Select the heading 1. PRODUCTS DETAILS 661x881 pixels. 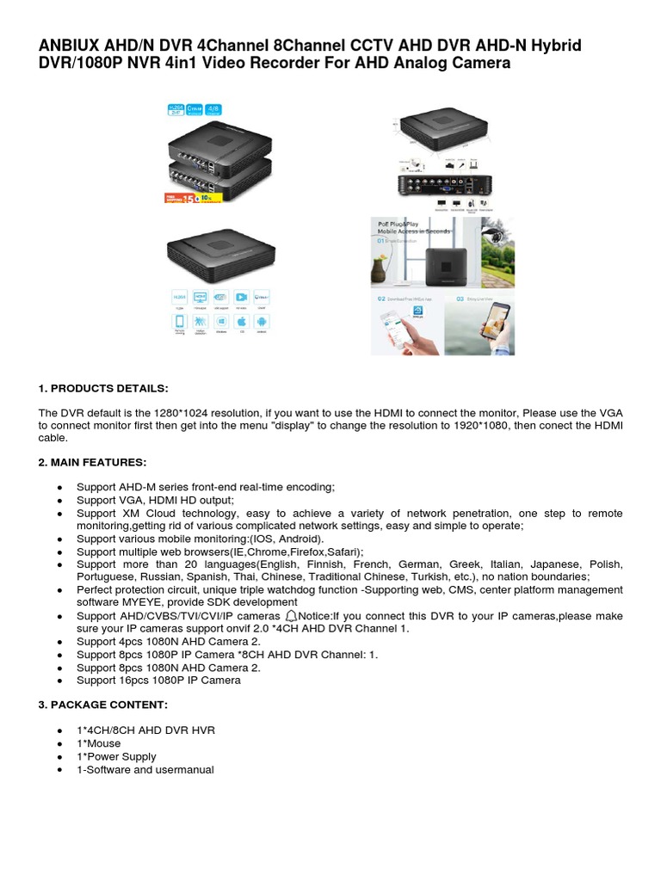pyautogui.click(x=103, y=388)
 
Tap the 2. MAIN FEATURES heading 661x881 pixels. pyautogui.click(x=92, y=462)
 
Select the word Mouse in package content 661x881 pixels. pyautogui.click(x=104, y=743)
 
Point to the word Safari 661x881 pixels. pyautogui.click(x=340, y=551)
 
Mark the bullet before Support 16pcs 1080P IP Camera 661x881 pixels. pyautogui.click(x=59, y=681)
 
